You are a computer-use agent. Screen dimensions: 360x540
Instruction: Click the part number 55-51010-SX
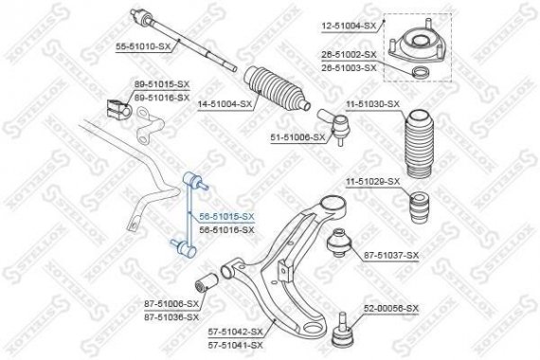[x=144, y=46]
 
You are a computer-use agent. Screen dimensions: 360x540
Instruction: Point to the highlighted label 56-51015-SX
[x=226, y=218]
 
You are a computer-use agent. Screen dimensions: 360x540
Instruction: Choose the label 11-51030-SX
[x=373, y=103]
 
